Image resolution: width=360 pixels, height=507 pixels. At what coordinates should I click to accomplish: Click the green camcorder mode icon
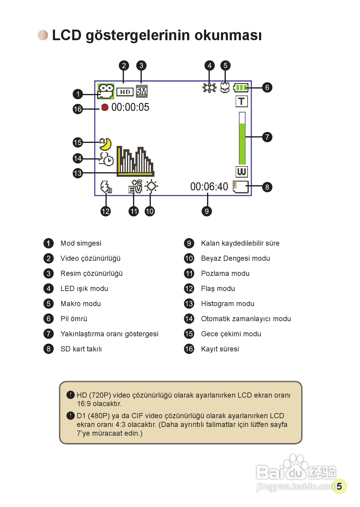click(105, 91)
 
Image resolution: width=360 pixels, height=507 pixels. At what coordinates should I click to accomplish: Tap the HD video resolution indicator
click(125, 92)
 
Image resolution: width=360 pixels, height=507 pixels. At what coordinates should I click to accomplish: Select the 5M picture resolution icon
click(141, 91)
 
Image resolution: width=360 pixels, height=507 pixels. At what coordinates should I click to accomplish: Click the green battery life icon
click(241, 88)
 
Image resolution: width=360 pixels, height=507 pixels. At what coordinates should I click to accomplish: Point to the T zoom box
click(242, 102)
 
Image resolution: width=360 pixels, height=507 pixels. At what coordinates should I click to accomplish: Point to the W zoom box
click(242, 172)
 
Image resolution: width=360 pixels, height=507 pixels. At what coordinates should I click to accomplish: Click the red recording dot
click(105, 107)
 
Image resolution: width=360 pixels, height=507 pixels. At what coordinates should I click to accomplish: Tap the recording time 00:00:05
click(130, 107)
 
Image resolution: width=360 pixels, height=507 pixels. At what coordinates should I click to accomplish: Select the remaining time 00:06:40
click(209, 187)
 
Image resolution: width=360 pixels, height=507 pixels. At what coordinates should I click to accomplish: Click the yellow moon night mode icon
click(105, 144)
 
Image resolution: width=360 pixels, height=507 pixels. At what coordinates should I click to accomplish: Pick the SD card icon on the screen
click(241, 187)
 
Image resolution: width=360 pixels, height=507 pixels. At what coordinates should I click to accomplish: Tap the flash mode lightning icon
click(106, 187)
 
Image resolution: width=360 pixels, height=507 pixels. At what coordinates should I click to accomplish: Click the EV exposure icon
click(135, 186)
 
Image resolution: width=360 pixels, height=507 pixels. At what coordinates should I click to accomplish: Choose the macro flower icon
click(225, 88)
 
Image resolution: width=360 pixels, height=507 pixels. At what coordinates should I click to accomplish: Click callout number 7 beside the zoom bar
click(267, 137)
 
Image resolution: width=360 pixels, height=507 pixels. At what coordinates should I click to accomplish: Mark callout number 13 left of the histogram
click(78, 173)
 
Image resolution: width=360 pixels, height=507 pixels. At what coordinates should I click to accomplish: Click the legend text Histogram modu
click(228, 304)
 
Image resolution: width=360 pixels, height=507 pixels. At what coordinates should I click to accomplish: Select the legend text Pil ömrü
click(74, 319)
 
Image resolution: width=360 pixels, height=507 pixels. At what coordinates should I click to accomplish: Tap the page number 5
click(339, 486)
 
